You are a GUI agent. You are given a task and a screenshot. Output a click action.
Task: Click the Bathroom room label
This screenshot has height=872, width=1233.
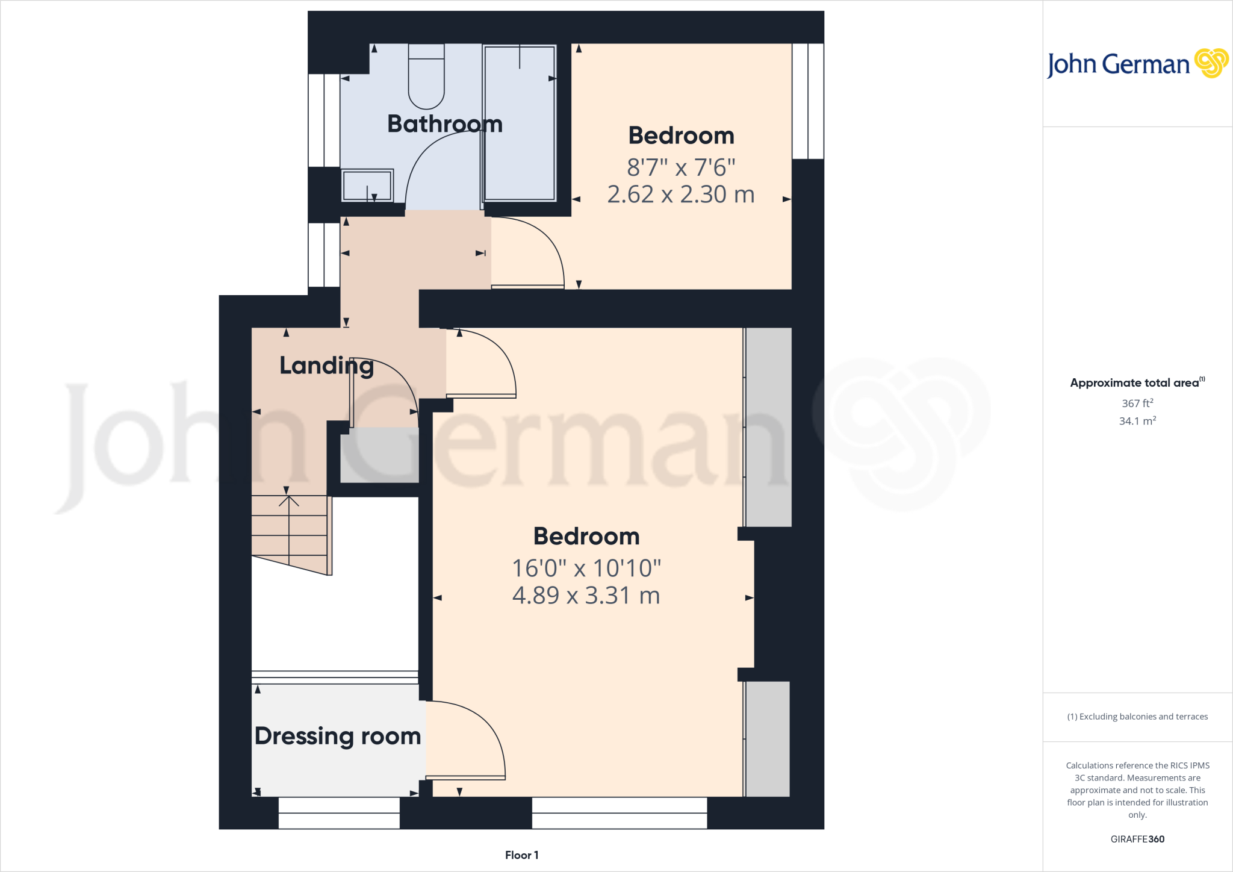[x=445, y=124]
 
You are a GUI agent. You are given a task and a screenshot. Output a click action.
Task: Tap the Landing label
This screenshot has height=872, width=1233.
[x=326, y=366]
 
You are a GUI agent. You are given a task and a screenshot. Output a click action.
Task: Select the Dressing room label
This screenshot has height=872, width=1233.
[x=337, y=736]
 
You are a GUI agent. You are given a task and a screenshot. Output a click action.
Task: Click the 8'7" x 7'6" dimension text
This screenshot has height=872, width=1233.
[x=681, y=167]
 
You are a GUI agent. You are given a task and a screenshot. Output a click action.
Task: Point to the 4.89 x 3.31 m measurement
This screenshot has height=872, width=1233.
[x=586, y=596]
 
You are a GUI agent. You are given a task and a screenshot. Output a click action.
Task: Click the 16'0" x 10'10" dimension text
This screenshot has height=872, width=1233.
[x=586, y=568]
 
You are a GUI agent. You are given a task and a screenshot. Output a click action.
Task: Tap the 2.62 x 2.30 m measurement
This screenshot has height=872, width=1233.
[x=681, y=195]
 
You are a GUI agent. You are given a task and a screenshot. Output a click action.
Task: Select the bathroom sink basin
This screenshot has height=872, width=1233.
[x=367, y=185]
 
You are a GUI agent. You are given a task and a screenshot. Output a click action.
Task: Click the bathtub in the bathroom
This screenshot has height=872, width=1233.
[x=520, y=123]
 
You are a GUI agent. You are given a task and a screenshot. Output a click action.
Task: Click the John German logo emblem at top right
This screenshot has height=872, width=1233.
[x=1211, y=63]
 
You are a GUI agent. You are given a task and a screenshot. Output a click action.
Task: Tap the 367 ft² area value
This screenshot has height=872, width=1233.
[x=1137, y=403]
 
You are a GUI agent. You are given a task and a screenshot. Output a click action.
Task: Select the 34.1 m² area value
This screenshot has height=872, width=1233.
[x=1137, y=421]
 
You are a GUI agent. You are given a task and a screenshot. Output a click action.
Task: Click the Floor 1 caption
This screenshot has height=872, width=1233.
[x=521, y=855]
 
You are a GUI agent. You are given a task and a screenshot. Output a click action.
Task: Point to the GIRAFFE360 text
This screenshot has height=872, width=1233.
[x=1137, y=839]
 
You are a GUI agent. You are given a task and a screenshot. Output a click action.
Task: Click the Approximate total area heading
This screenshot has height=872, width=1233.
[x=1137, y=382]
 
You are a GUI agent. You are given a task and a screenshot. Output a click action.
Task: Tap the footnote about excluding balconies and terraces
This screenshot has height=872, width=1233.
[x=1137, y=717]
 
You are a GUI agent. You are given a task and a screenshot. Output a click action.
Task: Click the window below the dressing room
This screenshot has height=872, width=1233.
[x=339, y=813]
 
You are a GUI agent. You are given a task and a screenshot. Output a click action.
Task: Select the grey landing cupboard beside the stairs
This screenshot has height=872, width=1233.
[x=379, y=458]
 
